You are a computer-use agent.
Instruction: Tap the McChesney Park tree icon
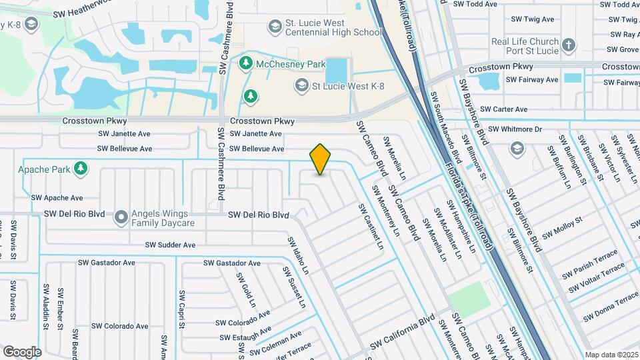pyautogui.click(x=246, y=63)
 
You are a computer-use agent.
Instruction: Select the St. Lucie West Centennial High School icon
pyautogui.click(x=273, y=27)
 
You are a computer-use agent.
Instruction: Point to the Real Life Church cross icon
pyautogui.click(x=568, y=45)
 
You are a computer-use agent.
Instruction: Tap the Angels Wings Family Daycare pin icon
pyautogui.click(x=121, y=217)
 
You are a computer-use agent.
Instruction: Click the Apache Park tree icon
pyautogui.click(x=81, y=169)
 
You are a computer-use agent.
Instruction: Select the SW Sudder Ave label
pyautogui.click(x=171, y=245)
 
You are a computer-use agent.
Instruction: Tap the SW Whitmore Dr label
pyautogui.click(x=515, y=129)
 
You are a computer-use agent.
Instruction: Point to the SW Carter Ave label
pyautogui.click(x=503, y=109)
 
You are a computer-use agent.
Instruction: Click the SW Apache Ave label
pyautogui.click(x=57, y=198)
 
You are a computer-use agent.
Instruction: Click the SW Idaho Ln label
pyautogui.click(x=298, y=255)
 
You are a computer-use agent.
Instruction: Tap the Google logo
pyautogui.click(x=22, y=351)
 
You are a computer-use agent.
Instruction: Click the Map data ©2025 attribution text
pyautogui.click(x=611, y=355)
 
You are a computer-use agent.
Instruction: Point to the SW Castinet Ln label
pyautogui.click(x=371, y=227)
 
